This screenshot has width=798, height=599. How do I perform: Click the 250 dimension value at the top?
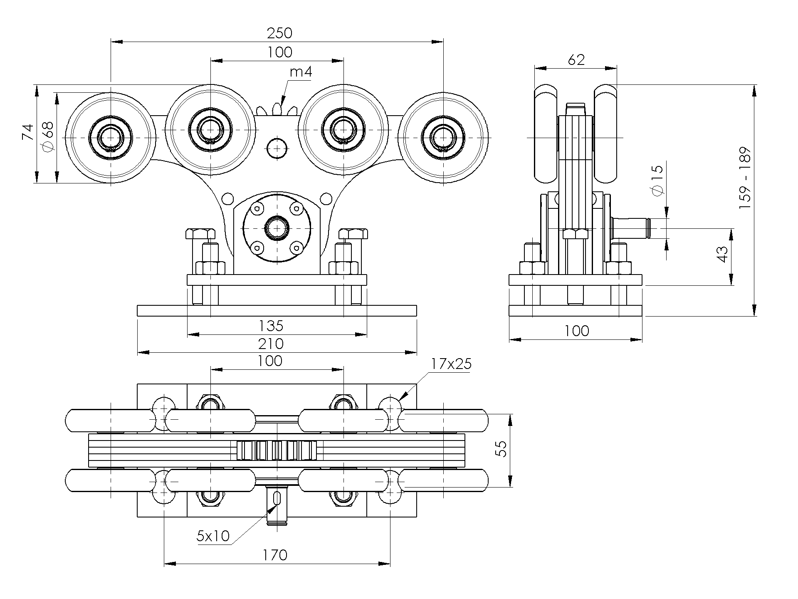tap(279, 33)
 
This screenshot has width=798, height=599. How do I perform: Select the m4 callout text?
tap(301, 72)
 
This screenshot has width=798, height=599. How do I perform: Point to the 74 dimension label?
tap(28, 133)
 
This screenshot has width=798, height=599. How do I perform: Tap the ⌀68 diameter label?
tap(48, 136)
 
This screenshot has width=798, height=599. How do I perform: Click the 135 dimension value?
tap(271, 326)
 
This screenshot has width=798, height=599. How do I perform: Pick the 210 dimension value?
tap(271, 344)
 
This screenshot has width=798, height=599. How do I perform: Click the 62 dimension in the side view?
tap(576, 60)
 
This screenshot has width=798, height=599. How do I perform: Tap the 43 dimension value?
tap(722, 254)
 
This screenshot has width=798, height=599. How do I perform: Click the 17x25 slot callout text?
tap(451, 364)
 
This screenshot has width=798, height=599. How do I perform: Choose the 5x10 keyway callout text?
tap(213, 536)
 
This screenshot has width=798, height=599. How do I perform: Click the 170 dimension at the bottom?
tap(275, 555)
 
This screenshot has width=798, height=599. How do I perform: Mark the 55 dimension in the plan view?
tap(503, 449)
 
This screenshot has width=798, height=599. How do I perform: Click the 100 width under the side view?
tap(577, 331)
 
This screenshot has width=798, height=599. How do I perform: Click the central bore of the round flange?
tap(277, 228)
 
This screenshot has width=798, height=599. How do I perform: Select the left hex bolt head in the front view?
tap(200, 233)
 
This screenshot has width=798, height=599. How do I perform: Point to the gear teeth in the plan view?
tap(277, 450)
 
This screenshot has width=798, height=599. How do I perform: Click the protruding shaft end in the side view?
tap(632, 228)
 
